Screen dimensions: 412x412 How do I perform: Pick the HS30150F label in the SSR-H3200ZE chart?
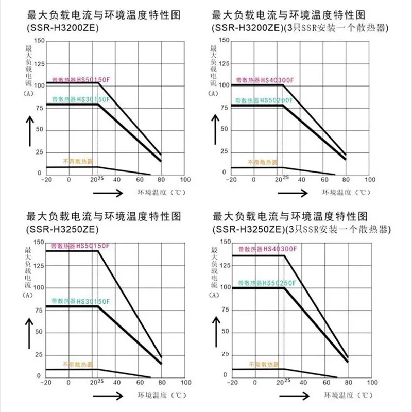(x=80, y=98)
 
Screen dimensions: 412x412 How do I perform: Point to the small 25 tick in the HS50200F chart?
(x=285, y=177)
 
